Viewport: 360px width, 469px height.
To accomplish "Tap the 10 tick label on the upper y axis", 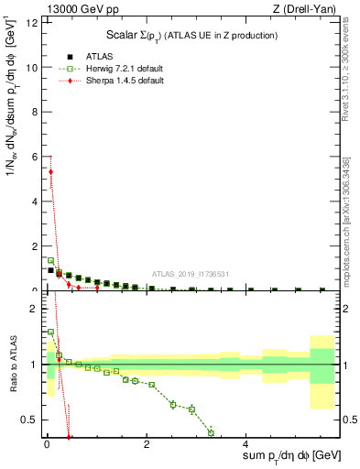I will point(33,68).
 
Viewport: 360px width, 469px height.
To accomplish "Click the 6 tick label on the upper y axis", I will point(35,157).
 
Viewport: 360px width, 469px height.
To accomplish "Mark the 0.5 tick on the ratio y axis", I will point(32,420).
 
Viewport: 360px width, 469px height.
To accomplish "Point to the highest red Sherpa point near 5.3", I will point(51,171).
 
